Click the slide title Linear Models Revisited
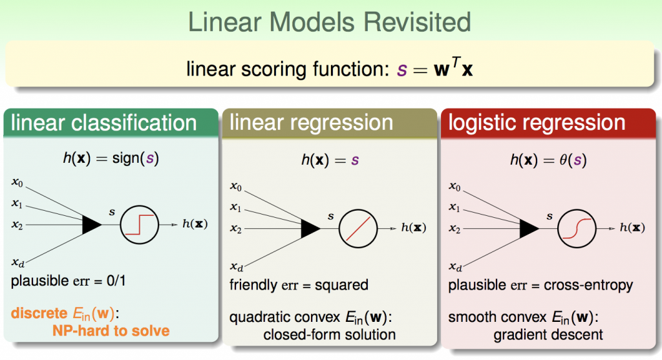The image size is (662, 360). (x=330, y=23)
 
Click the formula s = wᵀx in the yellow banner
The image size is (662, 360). (x=434, y=68)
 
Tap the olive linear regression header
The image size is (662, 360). (x=330, y=123)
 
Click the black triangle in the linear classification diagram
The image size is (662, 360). (x=92, y=224)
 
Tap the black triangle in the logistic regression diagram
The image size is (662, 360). (x=529, y=227)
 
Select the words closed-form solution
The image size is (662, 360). (x=330, y=334)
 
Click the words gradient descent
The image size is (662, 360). (x=548, y=334)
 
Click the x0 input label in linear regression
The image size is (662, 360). (x=237, y=187)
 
